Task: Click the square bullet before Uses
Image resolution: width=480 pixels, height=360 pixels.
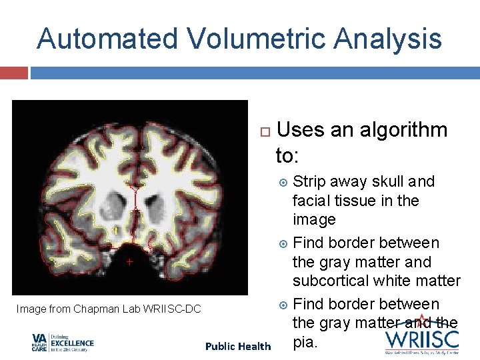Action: click(264, 131)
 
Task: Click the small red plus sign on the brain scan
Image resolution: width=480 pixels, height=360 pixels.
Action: click(130, 263)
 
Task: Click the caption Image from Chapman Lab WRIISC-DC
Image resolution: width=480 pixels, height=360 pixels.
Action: click(109, 309)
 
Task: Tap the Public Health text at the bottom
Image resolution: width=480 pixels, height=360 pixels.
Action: click(238, 346)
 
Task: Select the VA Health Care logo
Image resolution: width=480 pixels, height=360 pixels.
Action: click(63, 343)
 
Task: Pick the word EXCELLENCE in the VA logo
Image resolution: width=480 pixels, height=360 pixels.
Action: click(71, 344)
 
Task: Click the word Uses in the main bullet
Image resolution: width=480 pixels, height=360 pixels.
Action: click(299, 130)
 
